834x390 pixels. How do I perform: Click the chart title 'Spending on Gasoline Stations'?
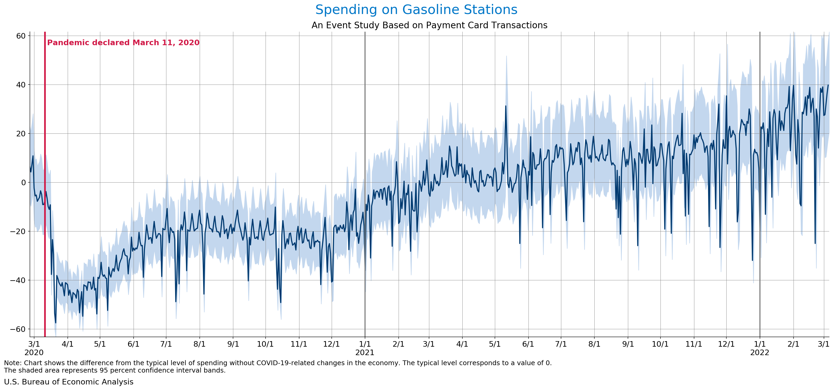pyautogui.click(x=416, y=10)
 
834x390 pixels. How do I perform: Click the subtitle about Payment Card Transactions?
pyautogui.click(x=429, y=25)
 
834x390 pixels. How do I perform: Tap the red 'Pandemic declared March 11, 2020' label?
pyautogui.click(x=123, y=43)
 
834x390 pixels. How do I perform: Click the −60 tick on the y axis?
pyautogui.click(x=18, y=329)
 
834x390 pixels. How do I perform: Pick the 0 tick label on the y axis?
pyautogui.click(x=23, y=182)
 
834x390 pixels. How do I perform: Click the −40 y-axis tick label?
pyautogui.click(x=18, y=280)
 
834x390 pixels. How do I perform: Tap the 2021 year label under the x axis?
pyautogui.click(x=364, y=352)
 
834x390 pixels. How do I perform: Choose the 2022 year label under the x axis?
pyautogui.click(x=759, y=352)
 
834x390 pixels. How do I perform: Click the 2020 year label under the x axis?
pyautogui.click(x=34, y=352)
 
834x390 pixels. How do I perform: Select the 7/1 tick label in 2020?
pyautogui.click(x=166, y=344)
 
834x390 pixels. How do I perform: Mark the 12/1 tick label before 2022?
pyautogui.click(x=726, y=344)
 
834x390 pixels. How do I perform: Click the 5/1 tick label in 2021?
pyautogui.click(x=495, y=344)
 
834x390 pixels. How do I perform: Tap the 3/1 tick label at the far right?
pyautogui.click(x=823, y=344)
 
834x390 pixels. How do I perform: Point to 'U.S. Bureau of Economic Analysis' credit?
pyautogui.click(x=69, y=382)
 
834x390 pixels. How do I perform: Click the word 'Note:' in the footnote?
pyautogui.click(x=13, y=363)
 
